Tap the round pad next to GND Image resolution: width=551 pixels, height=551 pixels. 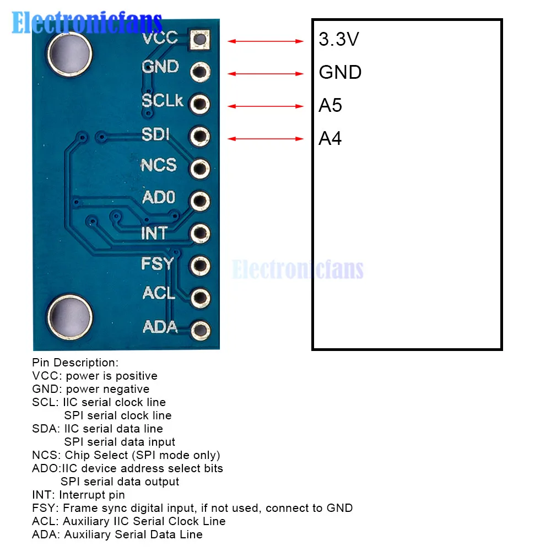[199, 72]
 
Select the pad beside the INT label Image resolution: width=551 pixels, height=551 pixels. [199, 234]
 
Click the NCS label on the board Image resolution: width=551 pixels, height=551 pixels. [159, 165]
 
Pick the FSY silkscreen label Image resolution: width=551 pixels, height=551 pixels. [158, 264]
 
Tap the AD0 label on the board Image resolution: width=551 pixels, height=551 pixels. [159, 197]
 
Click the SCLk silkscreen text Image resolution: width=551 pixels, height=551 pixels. [163, 101]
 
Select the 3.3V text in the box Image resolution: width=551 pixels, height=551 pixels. [339, 39]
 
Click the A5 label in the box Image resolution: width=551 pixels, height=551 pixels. [331, 105]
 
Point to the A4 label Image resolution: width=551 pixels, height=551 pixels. [331, 138]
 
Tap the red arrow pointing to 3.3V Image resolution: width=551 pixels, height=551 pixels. [266, 41]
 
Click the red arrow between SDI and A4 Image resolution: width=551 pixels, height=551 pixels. [266, 139]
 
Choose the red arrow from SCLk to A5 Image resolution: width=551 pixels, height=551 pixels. [266, 106]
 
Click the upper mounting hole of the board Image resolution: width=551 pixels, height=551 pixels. [69, 53]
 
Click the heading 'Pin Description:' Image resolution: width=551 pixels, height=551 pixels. [75, 363]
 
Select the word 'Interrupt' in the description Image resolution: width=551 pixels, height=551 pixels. [84, 495]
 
